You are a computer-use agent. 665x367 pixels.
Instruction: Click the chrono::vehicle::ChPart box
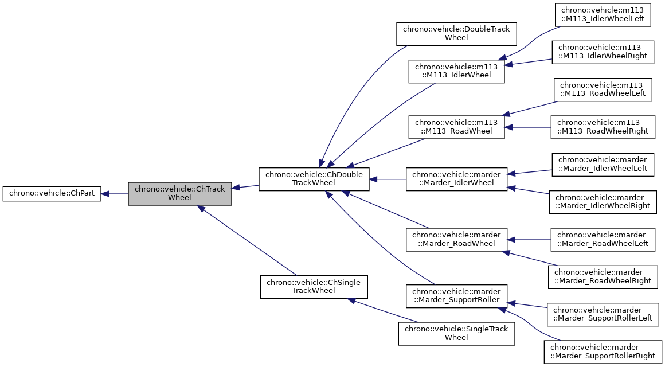pos(52,194)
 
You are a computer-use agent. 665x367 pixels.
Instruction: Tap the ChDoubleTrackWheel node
pos(314,179)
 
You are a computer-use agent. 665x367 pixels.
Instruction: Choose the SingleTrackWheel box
pos(456,333)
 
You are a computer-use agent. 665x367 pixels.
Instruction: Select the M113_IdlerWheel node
pos(456,71)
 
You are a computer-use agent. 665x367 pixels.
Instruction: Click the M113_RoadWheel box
pos(456,127)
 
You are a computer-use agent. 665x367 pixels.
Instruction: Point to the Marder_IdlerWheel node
pos(456,179)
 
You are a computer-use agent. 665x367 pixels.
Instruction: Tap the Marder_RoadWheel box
pos(456,240)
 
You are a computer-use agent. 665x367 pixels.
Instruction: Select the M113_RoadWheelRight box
pos(603,127)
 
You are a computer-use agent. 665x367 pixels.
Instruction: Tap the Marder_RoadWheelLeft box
pos(603,239)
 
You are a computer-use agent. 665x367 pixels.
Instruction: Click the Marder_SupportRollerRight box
pos(603,352)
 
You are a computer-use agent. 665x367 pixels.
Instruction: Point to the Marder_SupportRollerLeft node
pos(603,314)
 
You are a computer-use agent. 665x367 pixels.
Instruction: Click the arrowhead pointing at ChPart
pos(105,194)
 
